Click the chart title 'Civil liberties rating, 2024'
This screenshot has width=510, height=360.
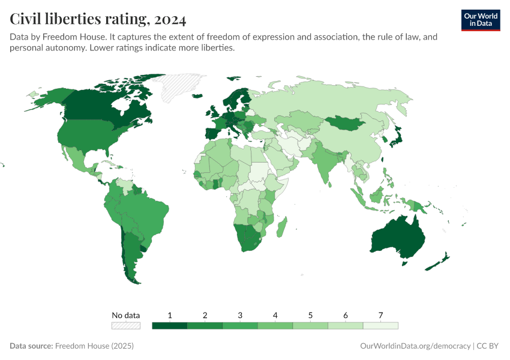(98, 19)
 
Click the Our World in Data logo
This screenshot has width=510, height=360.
(480, 20)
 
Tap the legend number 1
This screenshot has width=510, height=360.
(170, 315)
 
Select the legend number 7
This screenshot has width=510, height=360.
(380, 315)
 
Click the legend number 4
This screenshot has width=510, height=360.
(275, 315)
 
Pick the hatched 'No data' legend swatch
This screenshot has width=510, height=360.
(126, 326)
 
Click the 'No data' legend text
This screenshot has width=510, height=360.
(126, 315)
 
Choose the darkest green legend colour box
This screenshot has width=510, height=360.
(170, 326)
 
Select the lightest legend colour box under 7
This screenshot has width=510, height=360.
(380, 326)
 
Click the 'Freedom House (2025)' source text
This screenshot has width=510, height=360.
(94, 346)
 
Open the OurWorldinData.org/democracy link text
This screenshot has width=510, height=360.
(416, 346)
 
